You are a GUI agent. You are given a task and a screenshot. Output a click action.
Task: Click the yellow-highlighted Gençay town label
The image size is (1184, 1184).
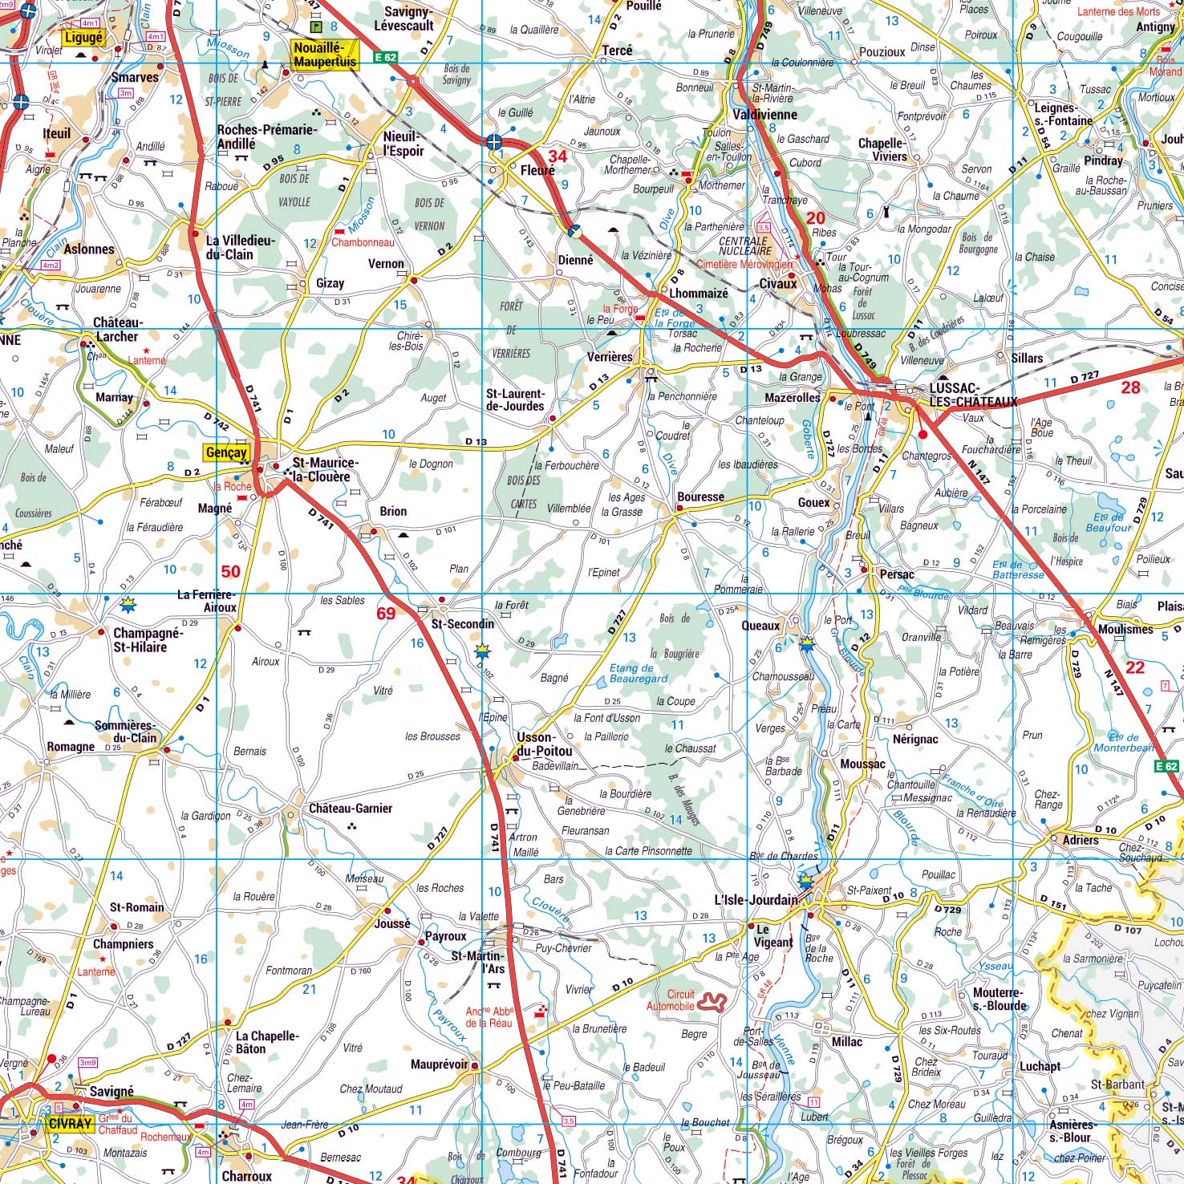click(226, 452)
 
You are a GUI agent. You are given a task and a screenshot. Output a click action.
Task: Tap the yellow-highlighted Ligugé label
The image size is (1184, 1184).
click(83, 38)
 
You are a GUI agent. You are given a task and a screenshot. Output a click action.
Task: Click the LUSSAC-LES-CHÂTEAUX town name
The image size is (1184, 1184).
click(973, 395)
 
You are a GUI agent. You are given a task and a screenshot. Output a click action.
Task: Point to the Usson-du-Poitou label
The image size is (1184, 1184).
click(545, 744)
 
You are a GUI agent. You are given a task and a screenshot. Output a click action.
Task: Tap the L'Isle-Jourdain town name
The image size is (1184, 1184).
click(756, 899)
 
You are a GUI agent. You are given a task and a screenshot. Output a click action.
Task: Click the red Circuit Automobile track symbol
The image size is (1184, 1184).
click(712, 1000)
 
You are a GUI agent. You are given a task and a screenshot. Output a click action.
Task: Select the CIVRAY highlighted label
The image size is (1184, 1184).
click(70, 1124)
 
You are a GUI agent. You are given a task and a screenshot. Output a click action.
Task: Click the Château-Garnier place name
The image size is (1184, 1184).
click(351, 809)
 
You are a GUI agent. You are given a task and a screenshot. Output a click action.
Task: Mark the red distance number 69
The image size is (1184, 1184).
click(386, 614)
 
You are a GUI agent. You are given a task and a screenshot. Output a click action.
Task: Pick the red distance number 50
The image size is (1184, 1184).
click(230, 571)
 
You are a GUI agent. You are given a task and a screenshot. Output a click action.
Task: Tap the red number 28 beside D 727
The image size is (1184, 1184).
click(1130, 387)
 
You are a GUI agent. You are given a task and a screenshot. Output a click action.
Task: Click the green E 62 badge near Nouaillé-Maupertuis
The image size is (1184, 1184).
click(385, 57)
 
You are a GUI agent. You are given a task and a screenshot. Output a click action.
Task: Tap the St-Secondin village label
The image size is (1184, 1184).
click(463, 624)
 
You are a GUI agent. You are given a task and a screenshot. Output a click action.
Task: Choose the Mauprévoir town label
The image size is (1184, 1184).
click(439, 1065)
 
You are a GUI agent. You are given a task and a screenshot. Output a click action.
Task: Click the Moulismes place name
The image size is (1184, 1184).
click(1125, 630)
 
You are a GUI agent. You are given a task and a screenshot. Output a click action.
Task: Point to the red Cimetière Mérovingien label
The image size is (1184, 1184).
click(744, 264)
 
